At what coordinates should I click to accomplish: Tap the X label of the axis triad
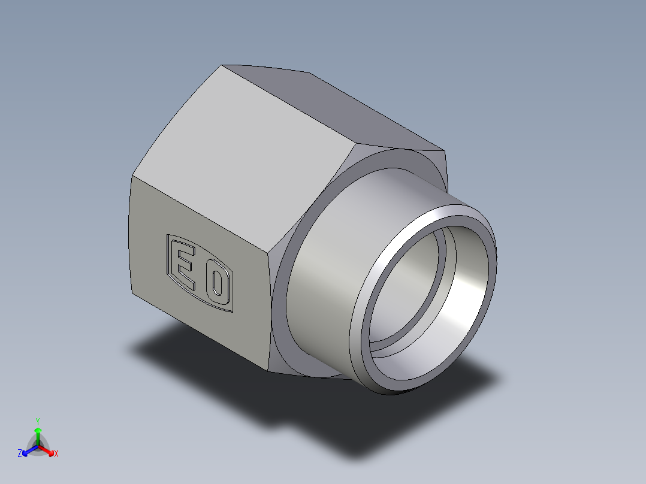pyautogui.click(x=56, y=454)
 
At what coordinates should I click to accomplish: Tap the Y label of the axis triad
pyautogui.click(x=37, y=421)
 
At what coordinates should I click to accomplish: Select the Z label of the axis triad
pyautogui.click(x=20, y=453)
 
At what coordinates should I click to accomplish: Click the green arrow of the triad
pyautogui.click(x=38, y=434)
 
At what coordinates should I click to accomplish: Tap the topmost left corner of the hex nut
pyautogui.click(x=222, y=66)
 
